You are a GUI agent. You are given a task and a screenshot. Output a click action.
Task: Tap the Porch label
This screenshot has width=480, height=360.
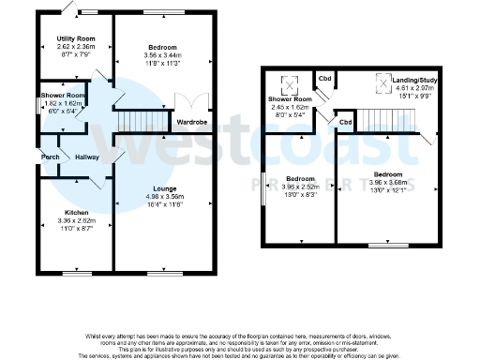point(51,157)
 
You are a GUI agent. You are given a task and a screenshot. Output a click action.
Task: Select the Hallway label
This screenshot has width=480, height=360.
point(87,157)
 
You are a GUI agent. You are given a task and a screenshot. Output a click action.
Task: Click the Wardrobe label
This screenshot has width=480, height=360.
point(192,122)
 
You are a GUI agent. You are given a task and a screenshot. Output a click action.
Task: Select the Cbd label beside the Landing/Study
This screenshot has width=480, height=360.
point(325,79)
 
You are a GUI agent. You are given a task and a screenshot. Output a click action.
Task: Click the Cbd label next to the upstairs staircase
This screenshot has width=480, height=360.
point(345,122)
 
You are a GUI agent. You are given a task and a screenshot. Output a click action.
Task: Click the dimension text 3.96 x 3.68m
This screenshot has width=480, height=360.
point(386,183)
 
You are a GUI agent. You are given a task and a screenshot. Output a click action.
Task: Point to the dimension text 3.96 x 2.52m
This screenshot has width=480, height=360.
point(300,186)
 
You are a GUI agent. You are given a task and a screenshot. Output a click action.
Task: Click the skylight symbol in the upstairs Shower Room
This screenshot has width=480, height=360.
point(290,82)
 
